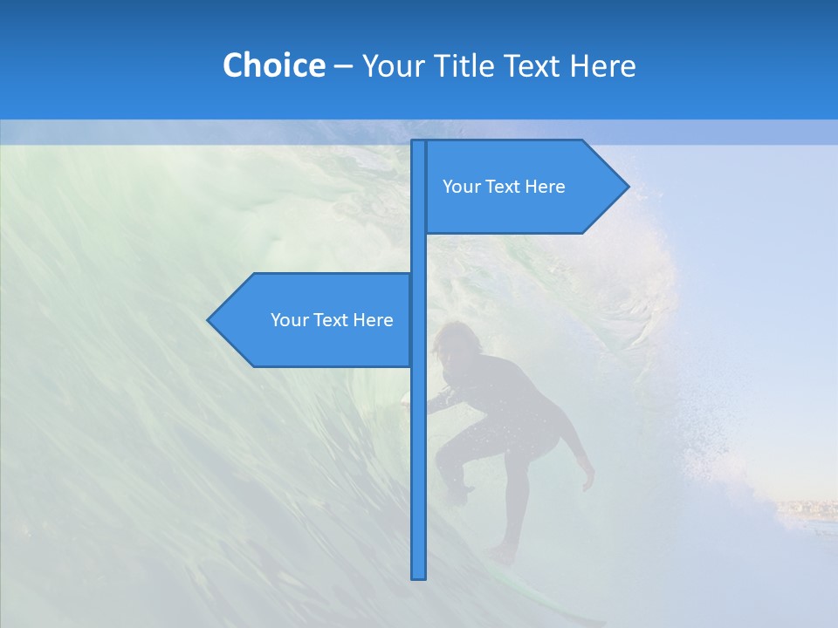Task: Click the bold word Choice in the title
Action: tap(273, 65)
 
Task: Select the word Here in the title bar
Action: tap(602, 65)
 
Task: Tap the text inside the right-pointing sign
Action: tap(504, 187)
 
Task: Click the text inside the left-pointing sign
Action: tap(332, 320)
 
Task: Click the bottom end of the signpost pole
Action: tap(419, 576)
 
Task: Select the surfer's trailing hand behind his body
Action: tap(587, 479)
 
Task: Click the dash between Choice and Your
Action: tap(343, 66)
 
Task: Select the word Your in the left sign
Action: tap(289, 320)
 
